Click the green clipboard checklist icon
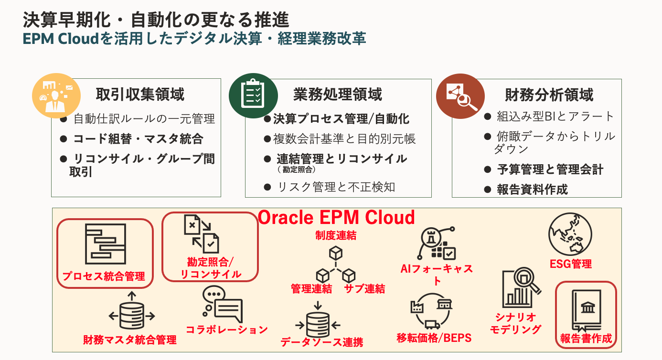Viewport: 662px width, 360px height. [252, 95]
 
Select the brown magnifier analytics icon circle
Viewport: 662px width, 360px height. [459, 95]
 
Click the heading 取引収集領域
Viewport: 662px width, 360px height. [140, 95]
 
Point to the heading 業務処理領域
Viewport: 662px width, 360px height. [338, 95]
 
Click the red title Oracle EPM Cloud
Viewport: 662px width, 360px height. [336, 218]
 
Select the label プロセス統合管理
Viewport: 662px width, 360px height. [104, 276]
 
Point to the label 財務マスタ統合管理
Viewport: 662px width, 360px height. [130, 340]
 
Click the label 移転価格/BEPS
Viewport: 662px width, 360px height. [434, 338]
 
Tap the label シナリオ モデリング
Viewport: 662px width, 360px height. [516, 323]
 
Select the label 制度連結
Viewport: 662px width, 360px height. [335, 235]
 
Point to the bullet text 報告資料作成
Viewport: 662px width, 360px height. [532, 190]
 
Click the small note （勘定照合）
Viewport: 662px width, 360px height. [296, 169]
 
